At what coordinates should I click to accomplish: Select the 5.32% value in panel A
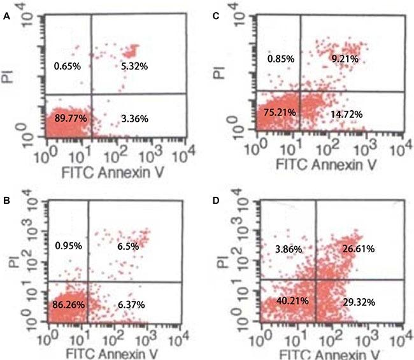132,65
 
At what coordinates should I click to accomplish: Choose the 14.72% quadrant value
348,115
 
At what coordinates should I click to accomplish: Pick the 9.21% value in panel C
346,59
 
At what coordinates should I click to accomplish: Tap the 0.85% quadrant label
281,59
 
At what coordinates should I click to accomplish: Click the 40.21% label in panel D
278,301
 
